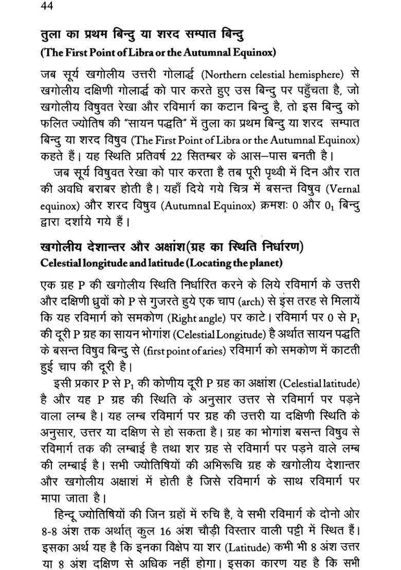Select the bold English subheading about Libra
[158, 52]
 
